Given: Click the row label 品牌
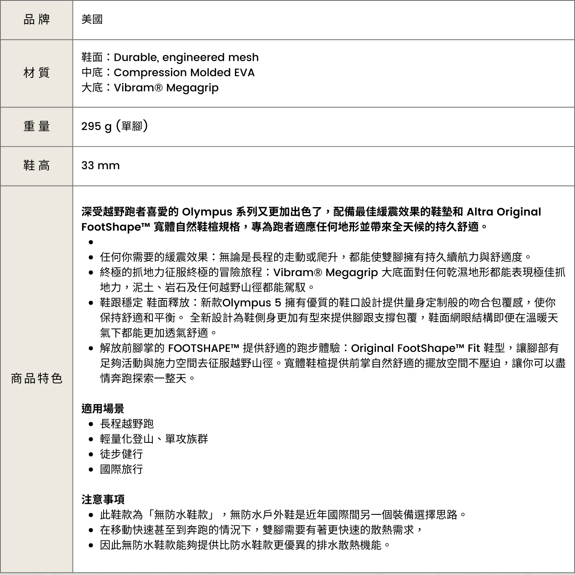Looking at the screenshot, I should pos(37,19).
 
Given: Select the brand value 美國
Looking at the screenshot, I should pos(92,19).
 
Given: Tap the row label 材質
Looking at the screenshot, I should pos(37,73).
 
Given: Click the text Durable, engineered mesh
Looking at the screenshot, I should pos(186,57).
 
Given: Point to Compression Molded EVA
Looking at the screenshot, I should pos(184,72).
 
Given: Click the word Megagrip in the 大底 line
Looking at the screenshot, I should pos(192,88).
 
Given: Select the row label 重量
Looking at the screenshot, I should pos(37,126).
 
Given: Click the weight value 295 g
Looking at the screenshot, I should pos(96,126).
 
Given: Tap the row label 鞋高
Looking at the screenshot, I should pos(37,165).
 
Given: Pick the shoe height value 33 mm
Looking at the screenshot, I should pos(101,165).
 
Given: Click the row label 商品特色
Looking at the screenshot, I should pos(37,378).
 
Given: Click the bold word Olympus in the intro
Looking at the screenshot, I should pos(207,212).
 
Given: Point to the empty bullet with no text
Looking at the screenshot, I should pos(91,242).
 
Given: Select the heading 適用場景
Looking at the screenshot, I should pos(103,408).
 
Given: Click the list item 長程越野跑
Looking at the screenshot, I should pos(127,423).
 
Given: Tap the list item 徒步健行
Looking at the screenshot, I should pos(121,454).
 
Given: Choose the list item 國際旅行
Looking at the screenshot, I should pos(121,469).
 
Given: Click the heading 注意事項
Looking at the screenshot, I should pos(103,499).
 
